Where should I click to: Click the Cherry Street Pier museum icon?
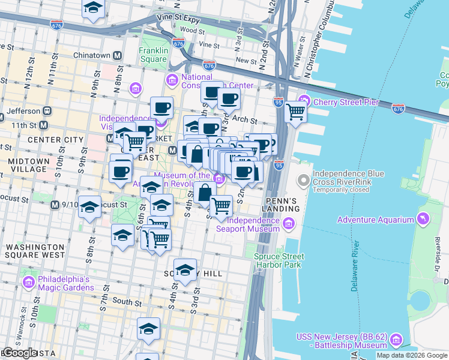[x=304, y=101]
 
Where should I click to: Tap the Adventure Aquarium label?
[x=375, y=220]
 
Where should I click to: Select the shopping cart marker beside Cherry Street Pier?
[x=295, y=111]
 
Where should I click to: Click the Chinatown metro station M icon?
[x=118, y=55]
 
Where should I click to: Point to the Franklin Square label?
[x=152, y=55]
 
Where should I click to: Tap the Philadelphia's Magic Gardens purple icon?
[x=28, y=283]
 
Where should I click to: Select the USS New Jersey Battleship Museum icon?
[x=396, y=341]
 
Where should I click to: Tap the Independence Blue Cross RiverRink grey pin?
[x=304, y=179]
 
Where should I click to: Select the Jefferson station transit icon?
[x=46, y=111]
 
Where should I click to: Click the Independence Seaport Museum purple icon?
[x=288, y=224]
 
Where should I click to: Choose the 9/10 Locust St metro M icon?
[x=55, y=205]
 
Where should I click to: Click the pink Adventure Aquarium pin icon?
[x=425, y=217]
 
